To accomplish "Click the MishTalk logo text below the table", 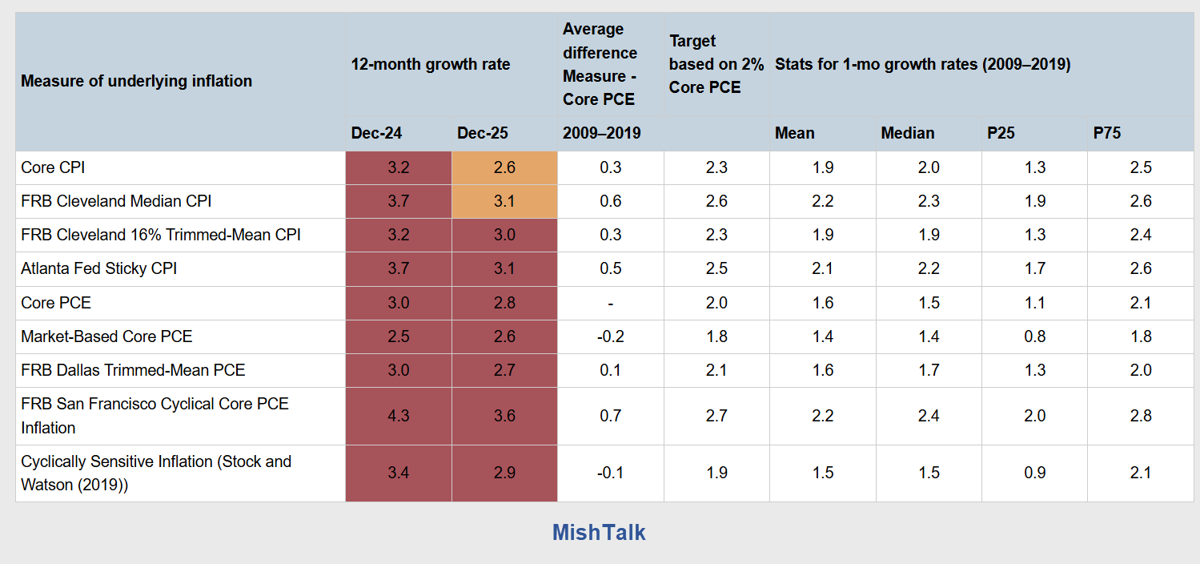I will (599, 533).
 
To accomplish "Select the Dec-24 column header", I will (376, 133).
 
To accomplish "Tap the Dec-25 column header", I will (483, 133).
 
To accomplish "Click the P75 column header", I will (1107, 133).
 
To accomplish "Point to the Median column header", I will (908, 133).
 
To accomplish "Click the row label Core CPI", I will (53, 167).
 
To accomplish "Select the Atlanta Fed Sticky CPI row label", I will (99, 268).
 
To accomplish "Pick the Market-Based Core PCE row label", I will (106, 336).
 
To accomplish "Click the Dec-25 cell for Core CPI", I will (504, 167).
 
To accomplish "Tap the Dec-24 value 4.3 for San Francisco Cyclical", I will (398, 416).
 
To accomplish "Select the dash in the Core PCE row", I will (610, 303).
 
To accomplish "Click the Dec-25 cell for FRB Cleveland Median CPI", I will (504, 201).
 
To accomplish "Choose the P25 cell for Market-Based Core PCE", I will (1034, 336).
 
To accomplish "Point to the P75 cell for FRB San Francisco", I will (1141, 416).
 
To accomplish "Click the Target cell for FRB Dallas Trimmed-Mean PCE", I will (716, 370).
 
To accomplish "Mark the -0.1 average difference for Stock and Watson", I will (610, 473).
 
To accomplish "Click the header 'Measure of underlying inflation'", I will (136, 81).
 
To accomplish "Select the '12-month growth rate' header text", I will (431, 64).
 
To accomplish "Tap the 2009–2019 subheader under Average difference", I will (602, 133).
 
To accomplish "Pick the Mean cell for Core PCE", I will (822, 303).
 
